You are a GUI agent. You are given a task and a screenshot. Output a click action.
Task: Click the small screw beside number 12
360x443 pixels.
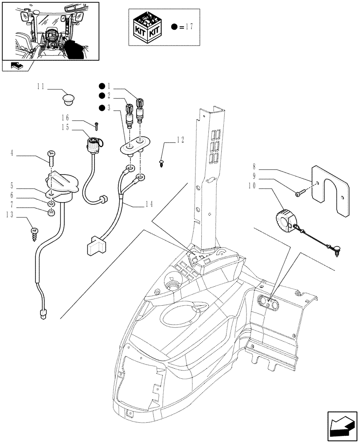tap(162, 163)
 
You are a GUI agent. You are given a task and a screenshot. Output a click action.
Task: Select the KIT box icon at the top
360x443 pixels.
tap(148, 27)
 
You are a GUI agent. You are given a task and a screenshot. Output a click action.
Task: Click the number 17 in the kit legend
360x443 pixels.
tap(188, 27)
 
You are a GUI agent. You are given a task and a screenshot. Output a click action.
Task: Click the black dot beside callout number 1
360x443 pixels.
tap(102, 86)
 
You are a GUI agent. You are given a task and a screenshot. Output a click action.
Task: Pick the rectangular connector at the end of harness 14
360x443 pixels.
tap(95, 245)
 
